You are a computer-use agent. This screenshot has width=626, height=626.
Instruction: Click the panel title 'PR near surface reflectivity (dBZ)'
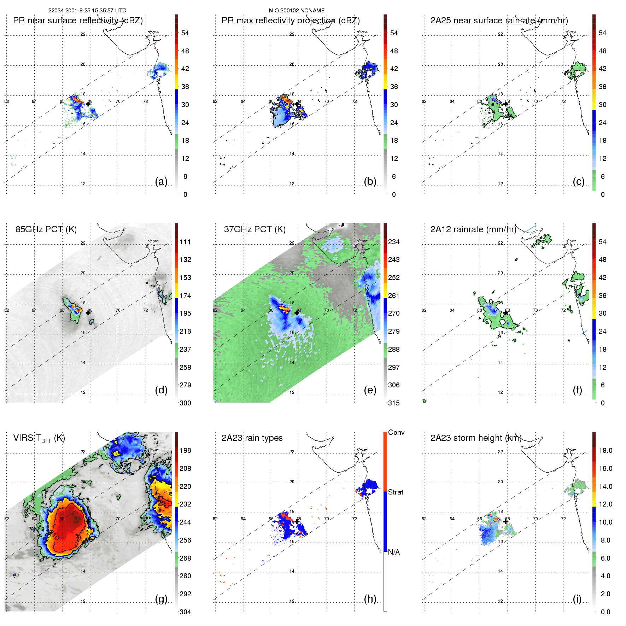pyautogui.click(x=78, y=21)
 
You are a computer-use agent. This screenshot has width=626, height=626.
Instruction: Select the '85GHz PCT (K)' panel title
pyautogui.click(x=46, y=229)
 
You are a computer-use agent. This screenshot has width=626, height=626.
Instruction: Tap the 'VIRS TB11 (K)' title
pyautogui.click(x=39, y=438)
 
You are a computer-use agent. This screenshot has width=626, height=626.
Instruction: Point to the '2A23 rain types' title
pyautogui.click(x=252, y=438)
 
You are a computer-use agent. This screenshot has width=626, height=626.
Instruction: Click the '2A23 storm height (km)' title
pyautogui.click(x=476, y=438)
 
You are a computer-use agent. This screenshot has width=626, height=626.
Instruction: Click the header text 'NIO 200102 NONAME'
pyautogui.click(x=297, y=11)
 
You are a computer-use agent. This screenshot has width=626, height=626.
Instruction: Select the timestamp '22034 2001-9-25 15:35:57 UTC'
pyautogui.click(x=87, y=11)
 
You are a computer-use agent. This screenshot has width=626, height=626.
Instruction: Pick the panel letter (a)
pyautogui.click(x=161, y=181)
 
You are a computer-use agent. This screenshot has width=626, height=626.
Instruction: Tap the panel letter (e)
pyautogui.click(x=370, y=390)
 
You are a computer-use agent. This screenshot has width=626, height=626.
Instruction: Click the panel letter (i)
pyautogui.click(x=577, y=599)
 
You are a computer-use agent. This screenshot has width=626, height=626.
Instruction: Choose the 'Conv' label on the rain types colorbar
pyautogui.click(x=396, y=432)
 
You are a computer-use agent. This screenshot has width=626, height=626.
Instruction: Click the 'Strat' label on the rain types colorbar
pyautogui.click(x=396, y=492)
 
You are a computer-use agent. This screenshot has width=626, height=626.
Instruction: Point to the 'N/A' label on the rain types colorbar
pyautogui.click(x=394, y=552)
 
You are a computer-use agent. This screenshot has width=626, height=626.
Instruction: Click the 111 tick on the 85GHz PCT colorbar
pyautogui.click(x=185, y=242)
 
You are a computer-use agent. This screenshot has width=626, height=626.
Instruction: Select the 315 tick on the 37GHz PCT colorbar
pyautogui.click(x=394, y=403)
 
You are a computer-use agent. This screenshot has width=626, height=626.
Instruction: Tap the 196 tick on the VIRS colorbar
pyautogui.click(x=185, y=450)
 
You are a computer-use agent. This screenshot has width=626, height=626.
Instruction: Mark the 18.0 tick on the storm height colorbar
pyautogui.click(x=605, y=450)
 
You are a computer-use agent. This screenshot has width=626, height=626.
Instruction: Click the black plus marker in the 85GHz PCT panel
pyautogui.click(x=88, y=313)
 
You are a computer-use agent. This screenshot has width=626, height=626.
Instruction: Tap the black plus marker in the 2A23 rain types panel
pyautogui.click(x=297, y=521)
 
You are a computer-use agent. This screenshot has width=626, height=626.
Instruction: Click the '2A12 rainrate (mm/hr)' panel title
pyautogui.click(x=473, y=229)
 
